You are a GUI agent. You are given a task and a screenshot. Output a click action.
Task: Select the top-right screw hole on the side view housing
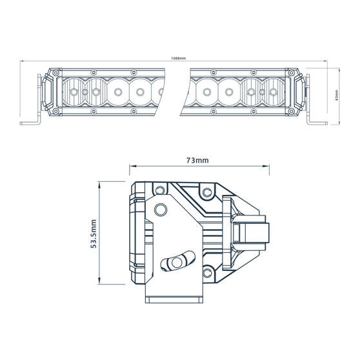(206, 192)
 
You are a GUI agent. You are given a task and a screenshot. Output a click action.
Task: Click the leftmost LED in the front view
(74, 92)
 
